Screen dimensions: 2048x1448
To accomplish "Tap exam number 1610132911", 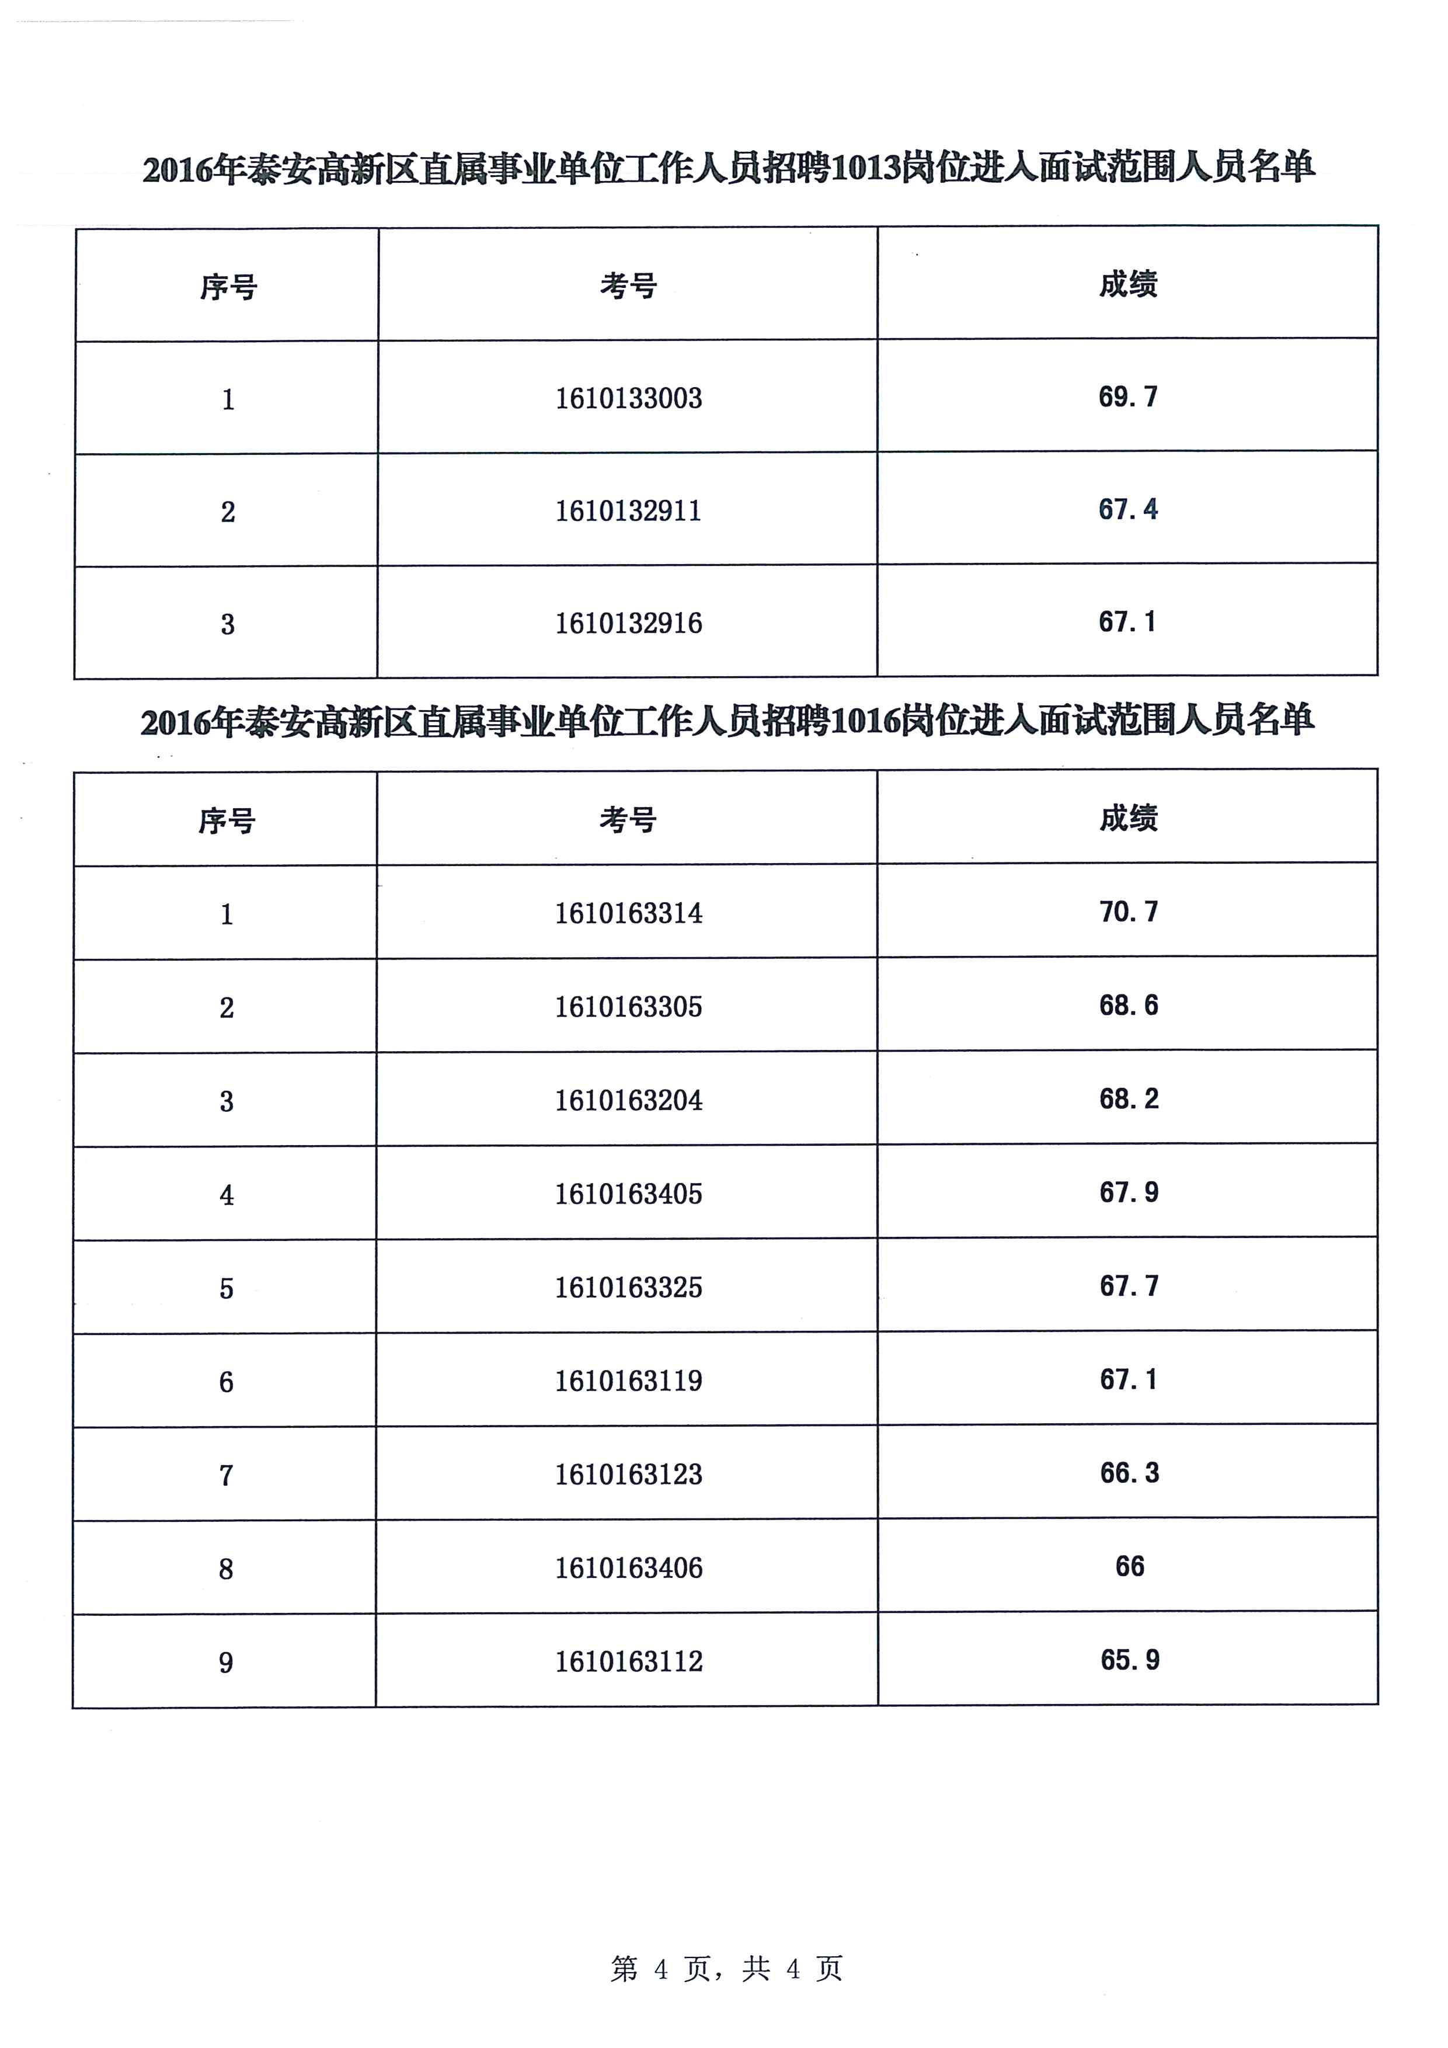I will pyautogui.click(x=629, y=510).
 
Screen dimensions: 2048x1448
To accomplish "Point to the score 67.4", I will pyautogui.click(x=1128, y=509).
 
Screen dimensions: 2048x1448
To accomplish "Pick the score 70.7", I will pyautogui.click(x=1129, y=911).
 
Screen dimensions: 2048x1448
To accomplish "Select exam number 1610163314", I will pyautogui.click(x=629, y=913).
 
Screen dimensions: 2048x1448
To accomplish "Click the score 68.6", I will pyautogui.click(x=1129, y=1005).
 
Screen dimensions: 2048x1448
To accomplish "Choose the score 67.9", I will pyautogui.click(x=1129, y=1192).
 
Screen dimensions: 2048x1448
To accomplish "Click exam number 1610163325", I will pyautogui.click(x=629, y=1287).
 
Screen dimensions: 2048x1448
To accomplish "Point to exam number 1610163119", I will pyautogui.click(x=629, y=1381).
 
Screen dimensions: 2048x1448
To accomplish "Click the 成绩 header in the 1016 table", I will pyautogui.click(x=1129, y=817).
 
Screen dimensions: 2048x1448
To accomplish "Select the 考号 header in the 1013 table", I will pyautogui.click(x=629, y=286).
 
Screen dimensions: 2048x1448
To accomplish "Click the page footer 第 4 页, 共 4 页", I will pyautogui.click(x=726, y=1968).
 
